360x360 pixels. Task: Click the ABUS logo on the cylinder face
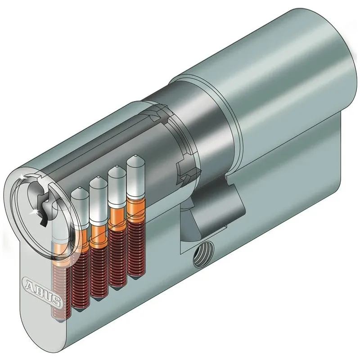(x=41, y=291)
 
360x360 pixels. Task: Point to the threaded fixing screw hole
(x=203, y=254)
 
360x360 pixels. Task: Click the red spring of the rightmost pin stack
(x=136, y=248)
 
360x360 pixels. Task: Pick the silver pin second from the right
(x=117, y=185)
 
